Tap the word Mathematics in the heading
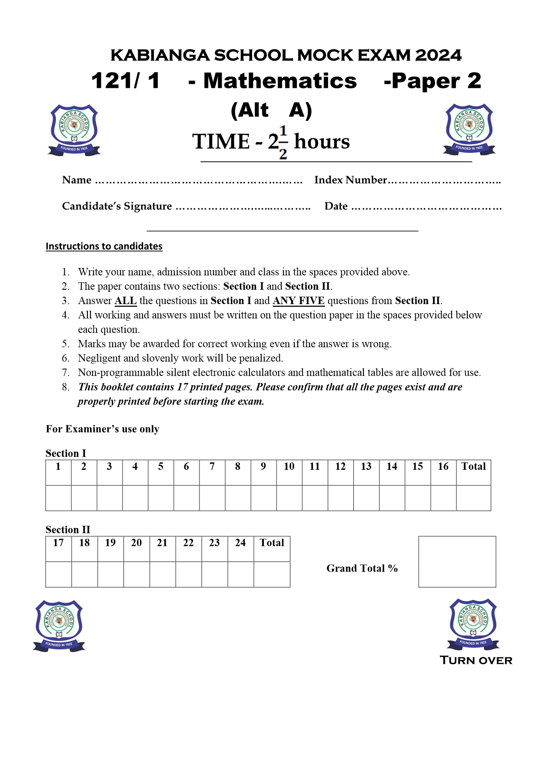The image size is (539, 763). tap(280, 81)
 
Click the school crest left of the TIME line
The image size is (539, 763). tap(74, 130)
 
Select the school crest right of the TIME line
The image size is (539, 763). tap(469, 129)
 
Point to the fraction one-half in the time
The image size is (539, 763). tap(283, 142)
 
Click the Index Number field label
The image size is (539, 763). tap(350, 180)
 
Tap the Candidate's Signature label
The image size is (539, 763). tap(117, 206)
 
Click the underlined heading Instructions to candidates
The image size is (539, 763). tap(104, 246)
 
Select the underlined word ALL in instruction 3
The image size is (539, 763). tap(126, 301)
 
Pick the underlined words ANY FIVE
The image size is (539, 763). tap(298, 301)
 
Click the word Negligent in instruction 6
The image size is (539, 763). tap(99, 358)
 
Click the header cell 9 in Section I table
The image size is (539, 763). tap(263, 467)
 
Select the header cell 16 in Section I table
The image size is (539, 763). tap(443, 467)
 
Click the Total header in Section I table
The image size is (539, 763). tap(473, 467)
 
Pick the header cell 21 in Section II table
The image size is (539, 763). tap(162, 543)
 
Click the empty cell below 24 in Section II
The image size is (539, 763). tap(240, 574)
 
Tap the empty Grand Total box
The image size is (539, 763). tap(457, 562)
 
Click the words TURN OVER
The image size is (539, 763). tap(476, 660)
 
